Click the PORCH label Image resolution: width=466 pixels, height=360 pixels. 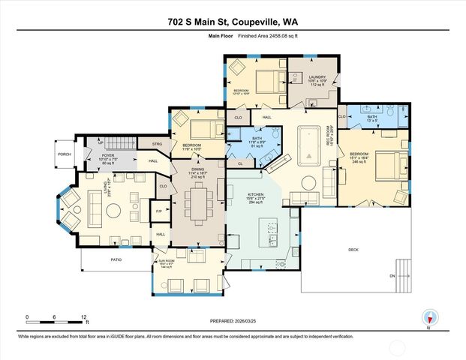[65, 156]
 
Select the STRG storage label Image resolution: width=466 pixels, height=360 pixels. [157, 143]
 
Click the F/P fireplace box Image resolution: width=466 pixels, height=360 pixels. [159, 211]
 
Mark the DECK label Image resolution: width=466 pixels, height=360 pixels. [353, 250]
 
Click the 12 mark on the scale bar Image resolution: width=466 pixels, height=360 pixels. [83, 316]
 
